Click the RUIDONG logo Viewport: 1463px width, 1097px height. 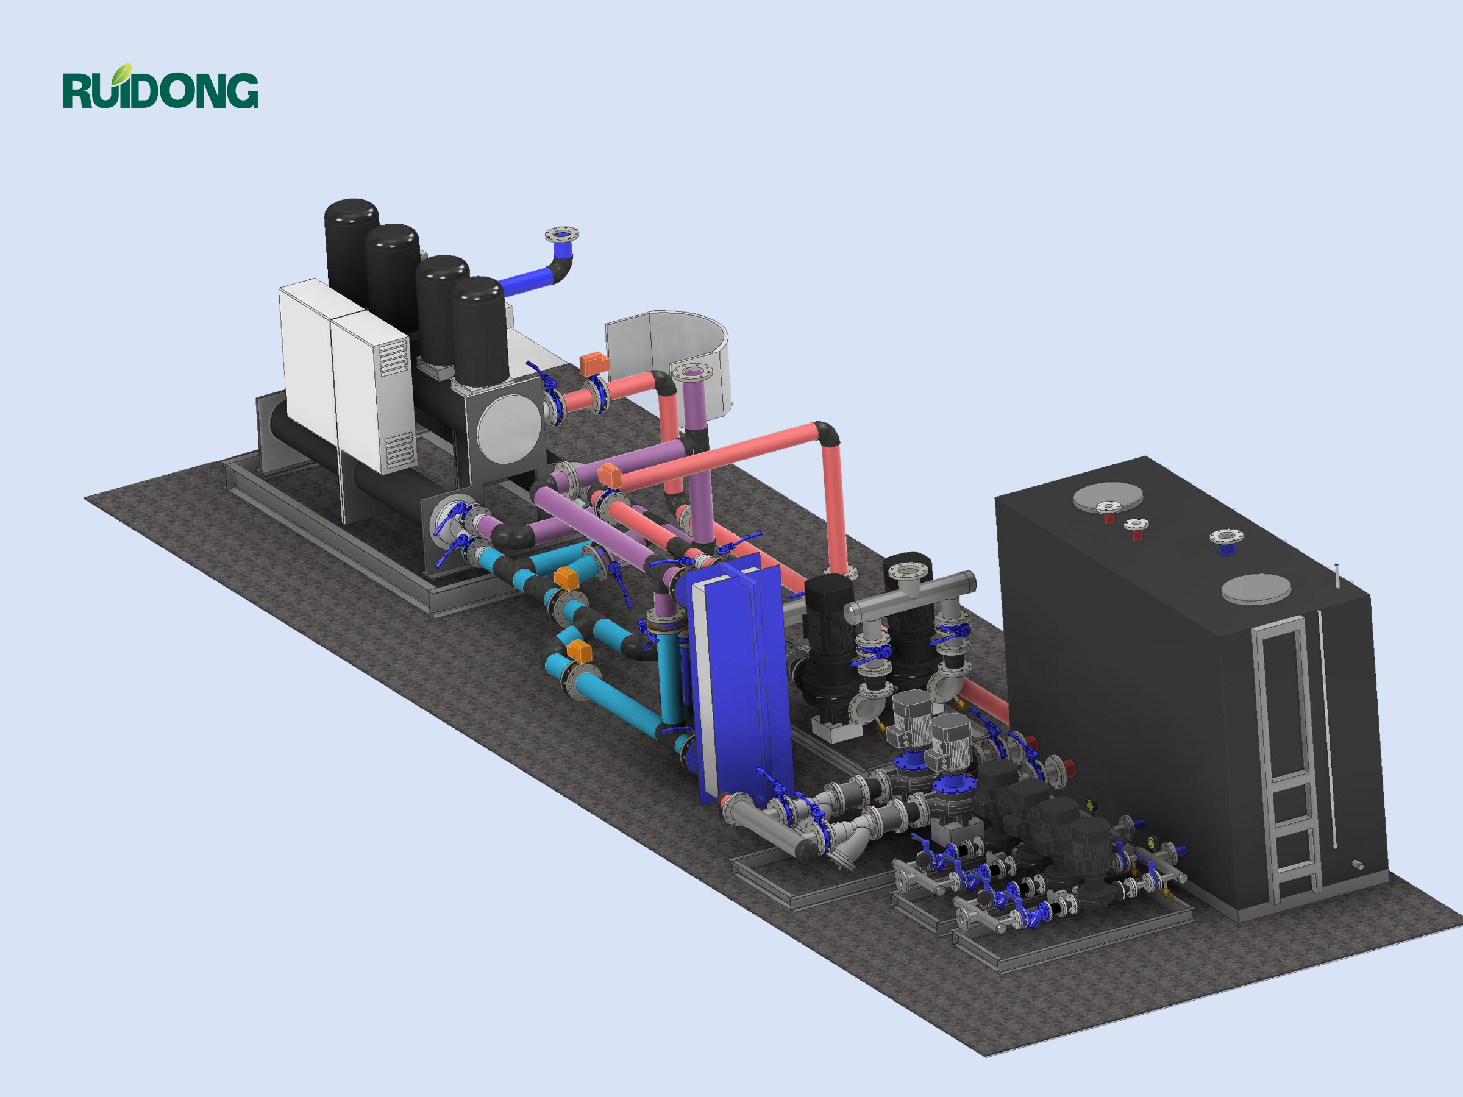160,88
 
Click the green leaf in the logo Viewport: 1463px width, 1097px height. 121,73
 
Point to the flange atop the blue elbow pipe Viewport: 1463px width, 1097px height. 561,234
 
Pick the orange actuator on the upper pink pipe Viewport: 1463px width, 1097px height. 594,363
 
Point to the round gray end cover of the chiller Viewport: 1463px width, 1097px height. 508,430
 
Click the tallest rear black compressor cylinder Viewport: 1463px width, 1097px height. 351,251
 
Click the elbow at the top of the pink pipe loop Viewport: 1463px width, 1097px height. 826,434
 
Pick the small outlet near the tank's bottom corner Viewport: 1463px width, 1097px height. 1357,865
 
